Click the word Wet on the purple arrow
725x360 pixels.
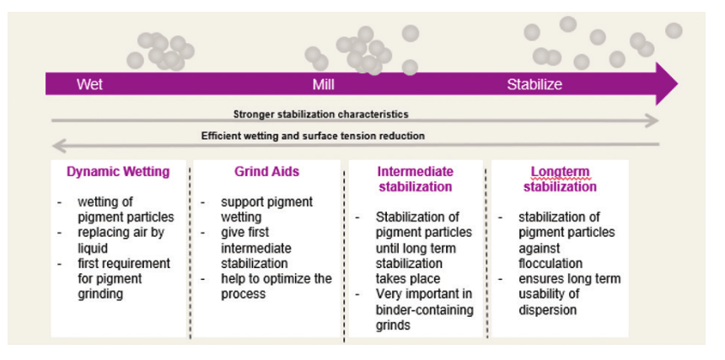(89, 84)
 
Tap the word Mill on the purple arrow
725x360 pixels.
(323, 84)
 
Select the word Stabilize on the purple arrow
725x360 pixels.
(534, 84)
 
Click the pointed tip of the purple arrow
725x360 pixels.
(678, 84)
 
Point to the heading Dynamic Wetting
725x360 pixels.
(118, 172)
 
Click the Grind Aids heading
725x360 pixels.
(266, 172)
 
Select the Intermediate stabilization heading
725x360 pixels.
(416, 179)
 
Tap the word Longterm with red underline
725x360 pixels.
(560, 172)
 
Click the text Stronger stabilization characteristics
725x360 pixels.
(321, 114)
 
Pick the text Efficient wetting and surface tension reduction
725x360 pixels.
(313, 136)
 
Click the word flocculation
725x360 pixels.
(550, 263)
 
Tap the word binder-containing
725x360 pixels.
(424, 309)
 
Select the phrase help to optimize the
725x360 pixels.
(276, 279)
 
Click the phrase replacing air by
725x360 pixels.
(121, 233)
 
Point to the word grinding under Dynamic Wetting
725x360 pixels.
(100, 294)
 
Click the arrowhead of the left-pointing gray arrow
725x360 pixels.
(58, 145)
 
